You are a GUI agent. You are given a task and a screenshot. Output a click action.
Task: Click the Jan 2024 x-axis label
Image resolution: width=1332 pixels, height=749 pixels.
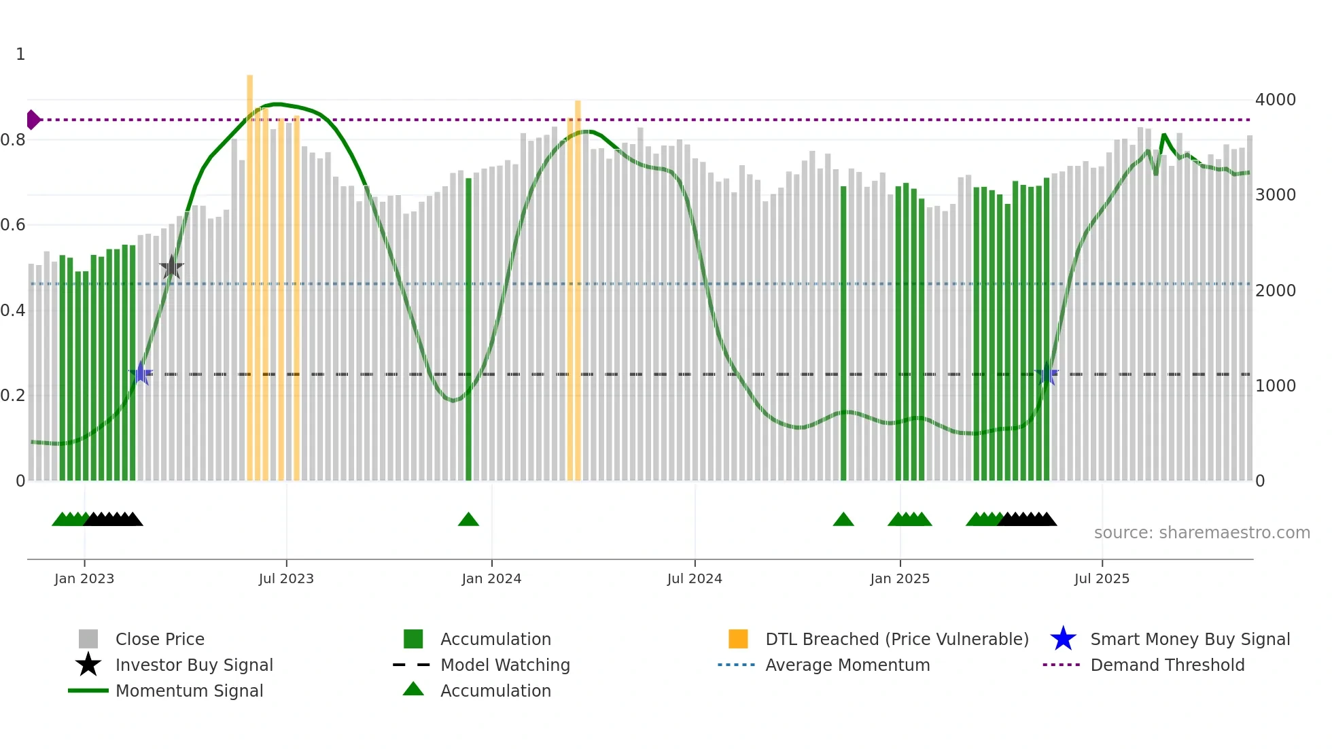pos(491,578)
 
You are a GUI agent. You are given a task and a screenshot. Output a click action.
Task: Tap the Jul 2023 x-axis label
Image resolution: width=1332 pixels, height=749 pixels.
pos(286,578)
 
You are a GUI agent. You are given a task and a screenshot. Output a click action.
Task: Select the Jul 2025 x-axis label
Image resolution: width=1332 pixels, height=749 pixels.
pos(1102,578)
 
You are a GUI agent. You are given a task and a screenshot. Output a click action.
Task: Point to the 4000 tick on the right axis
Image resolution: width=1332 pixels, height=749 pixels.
pos(1275,100)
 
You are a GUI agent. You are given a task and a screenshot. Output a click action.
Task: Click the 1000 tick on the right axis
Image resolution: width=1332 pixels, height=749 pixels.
pos(1275,386)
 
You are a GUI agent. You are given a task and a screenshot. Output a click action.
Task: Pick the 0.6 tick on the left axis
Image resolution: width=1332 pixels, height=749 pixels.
pos(13,225)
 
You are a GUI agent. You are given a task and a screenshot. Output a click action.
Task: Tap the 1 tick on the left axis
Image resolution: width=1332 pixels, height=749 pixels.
pos(20,54)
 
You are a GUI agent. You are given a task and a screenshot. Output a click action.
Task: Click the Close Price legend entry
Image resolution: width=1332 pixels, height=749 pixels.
pos(160,639)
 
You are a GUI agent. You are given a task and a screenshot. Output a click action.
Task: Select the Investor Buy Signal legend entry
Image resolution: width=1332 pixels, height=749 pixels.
pos(194,665)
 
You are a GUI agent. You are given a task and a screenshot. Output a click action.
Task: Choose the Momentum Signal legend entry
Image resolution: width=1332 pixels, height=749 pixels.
pos(189,691)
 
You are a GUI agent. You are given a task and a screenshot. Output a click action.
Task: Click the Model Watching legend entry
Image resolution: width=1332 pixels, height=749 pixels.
pos(505,665)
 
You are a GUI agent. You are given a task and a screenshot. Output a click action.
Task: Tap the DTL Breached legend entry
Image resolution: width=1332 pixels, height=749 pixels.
pos(896,639)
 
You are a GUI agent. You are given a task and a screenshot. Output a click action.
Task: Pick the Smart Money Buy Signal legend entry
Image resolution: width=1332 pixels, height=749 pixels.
pos(1189,639)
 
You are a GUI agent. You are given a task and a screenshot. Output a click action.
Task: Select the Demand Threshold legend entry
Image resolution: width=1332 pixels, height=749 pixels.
pos(1167,665)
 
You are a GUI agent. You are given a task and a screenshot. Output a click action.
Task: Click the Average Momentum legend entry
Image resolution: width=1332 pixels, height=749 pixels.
pos(847,665)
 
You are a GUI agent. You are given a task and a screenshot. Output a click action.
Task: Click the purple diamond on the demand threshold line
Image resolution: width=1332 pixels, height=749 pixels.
pos(33,120)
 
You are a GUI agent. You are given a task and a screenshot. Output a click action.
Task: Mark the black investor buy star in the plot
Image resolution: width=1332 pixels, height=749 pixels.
pos(171,267)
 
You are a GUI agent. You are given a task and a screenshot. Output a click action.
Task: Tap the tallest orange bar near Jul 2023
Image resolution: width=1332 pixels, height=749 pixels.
pos(249,272)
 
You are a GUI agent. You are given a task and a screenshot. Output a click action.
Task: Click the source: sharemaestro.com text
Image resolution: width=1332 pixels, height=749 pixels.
pos(1202,533)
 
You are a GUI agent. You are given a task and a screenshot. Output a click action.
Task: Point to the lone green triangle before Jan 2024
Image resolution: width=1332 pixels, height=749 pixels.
pos(468,520)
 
